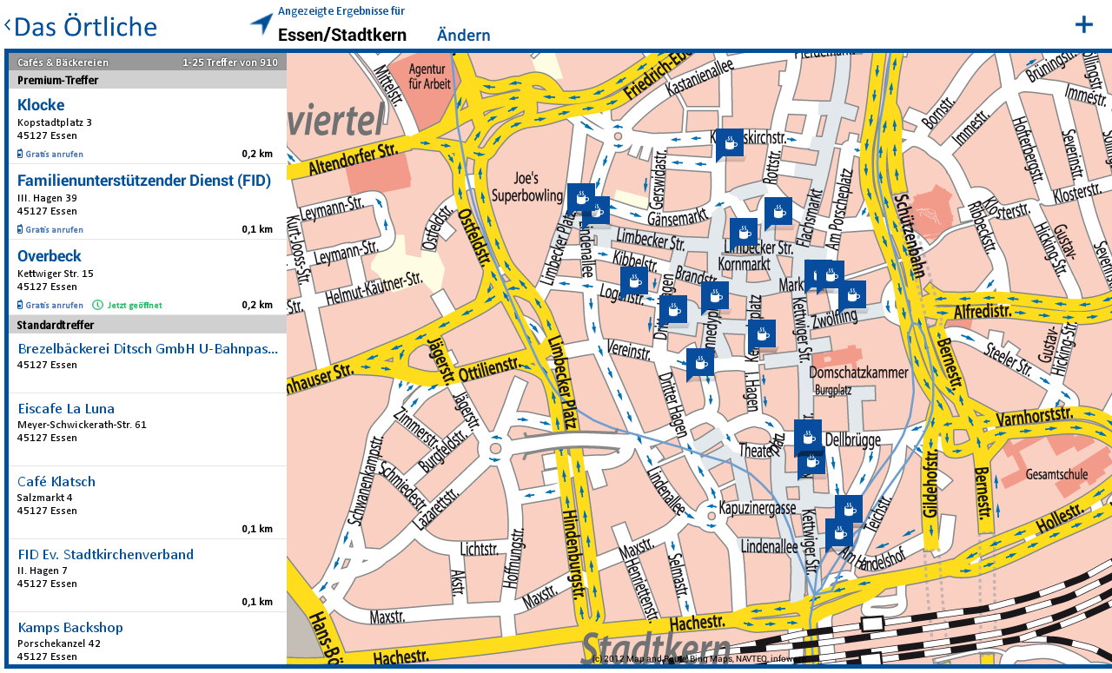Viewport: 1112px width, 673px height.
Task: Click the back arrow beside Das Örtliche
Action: [x=8, y=27]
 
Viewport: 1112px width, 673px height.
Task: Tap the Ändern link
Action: [x=463, y=36]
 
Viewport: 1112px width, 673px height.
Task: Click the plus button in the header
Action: [x=1083, y=24]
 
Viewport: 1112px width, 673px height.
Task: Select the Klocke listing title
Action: [x=41, y=105]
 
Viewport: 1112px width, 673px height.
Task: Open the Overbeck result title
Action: [x=50, y=256]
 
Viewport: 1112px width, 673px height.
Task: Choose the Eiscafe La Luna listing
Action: [x=66, y=408]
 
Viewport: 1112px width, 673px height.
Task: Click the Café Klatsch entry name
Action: [x=56, y=481]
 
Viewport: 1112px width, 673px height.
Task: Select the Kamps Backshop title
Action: [x=70, y=627]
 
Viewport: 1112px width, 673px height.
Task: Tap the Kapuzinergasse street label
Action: [x=758, y=507]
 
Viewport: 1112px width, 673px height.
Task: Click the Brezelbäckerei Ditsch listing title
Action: [x=148, y=349]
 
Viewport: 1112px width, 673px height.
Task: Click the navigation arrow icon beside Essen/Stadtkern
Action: [x=261, y=23]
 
